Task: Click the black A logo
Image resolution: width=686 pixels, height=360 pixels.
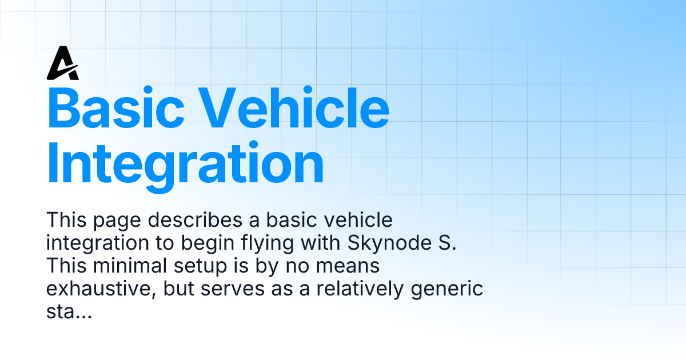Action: click(62, 63)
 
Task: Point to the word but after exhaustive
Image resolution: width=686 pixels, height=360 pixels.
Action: click(177, 289)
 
